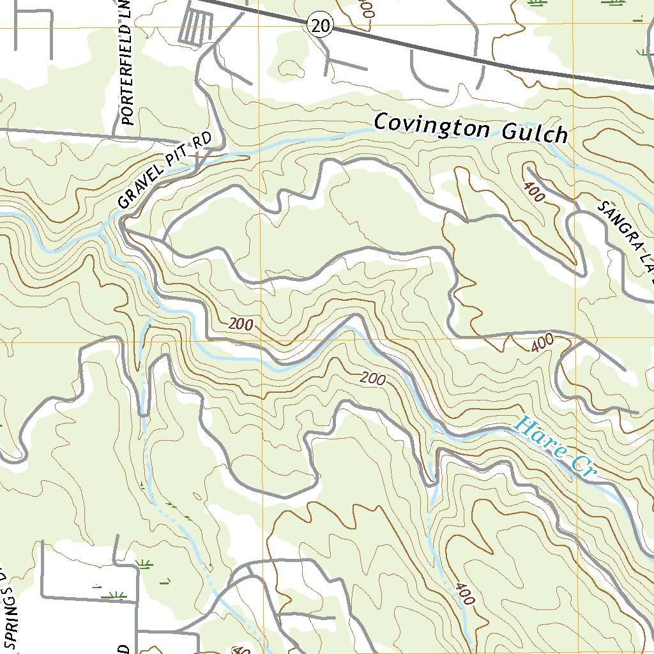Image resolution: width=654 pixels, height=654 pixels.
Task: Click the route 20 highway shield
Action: coord(320,26)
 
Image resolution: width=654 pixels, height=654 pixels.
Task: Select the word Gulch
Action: coord(535,133)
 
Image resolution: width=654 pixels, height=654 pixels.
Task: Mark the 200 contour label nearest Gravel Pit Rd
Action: coord(240,324)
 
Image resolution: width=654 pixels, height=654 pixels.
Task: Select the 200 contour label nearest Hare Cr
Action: coord(372,379)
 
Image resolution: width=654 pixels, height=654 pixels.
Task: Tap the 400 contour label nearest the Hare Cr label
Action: coord(542,344)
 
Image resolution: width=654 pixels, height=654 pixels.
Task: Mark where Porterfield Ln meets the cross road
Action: coord(114,135)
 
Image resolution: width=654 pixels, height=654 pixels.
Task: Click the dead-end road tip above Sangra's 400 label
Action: coord(528,169)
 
